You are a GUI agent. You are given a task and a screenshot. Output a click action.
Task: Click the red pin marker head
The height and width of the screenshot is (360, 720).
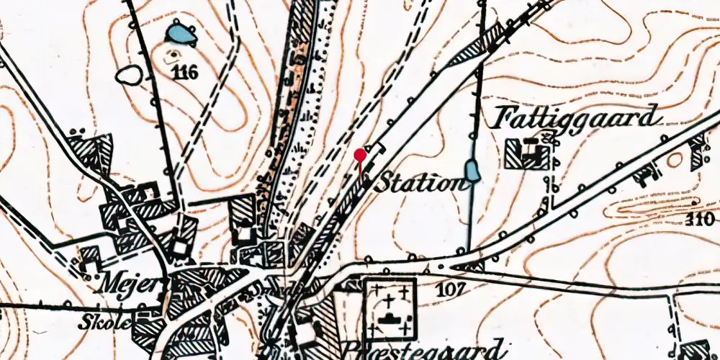361,153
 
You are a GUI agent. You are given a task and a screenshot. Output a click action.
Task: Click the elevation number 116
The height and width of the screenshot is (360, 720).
186,72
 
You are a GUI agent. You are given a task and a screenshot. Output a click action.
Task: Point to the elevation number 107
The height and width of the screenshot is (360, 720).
452,289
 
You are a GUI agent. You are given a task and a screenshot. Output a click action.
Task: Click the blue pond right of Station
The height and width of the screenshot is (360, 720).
472,171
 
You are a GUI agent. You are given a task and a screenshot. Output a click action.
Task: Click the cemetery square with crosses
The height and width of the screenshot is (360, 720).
390,307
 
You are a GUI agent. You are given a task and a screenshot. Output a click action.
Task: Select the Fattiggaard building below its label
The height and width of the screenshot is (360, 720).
530,153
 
